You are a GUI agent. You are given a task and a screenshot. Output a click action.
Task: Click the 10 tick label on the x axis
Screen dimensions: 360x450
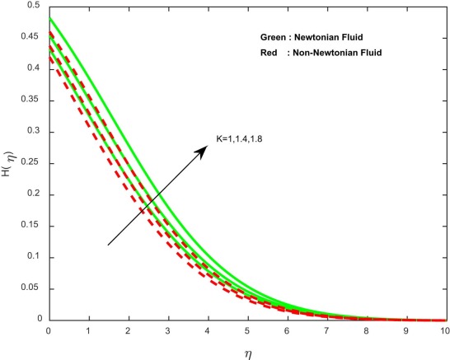coord(444,330)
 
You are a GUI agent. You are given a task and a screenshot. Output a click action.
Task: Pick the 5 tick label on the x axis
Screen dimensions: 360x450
coord(246,330)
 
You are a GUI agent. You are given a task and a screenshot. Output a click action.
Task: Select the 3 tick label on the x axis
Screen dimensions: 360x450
coord(167,330)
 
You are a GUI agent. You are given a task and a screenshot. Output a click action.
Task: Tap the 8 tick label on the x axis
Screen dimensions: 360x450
coord(365,330)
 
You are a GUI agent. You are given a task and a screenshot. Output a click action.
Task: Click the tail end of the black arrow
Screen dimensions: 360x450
coord(108,245)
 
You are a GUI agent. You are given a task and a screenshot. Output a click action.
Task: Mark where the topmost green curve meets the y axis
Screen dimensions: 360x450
coord(49,18)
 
